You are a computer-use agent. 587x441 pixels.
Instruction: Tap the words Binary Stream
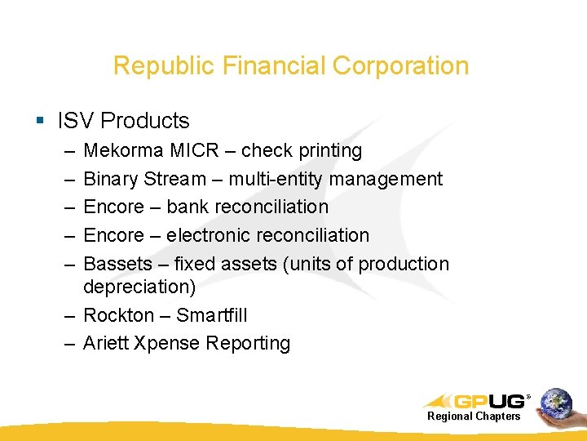click(145, 179)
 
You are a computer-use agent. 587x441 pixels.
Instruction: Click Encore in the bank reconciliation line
click(113, 207)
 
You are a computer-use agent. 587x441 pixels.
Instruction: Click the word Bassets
click(117, 265)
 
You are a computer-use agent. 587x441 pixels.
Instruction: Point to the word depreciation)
click(139, 287)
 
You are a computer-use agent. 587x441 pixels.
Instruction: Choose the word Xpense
click(166, 343)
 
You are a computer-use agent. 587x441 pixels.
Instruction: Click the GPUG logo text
click(489, 401)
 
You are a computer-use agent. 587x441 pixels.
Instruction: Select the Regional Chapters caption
click(474, 416)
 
